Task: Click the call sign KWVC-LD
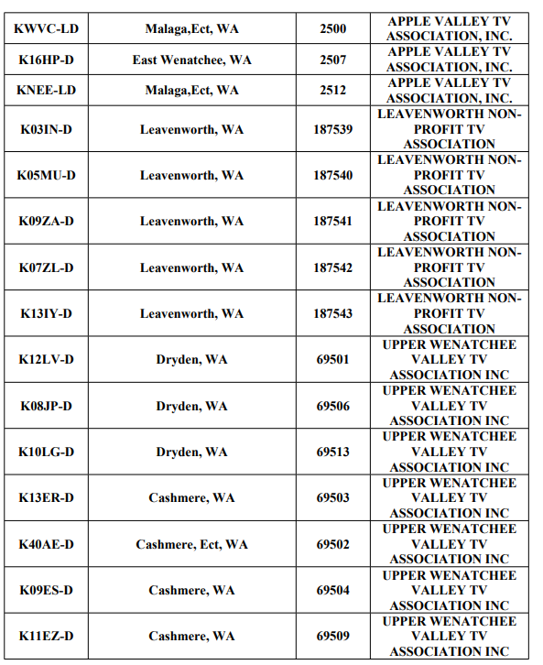pyautogui.click(x=46, y=28)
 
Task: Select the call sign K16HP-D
pyautogui.click(x=46, y=60)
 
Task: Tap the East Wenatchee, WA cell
pyautogui.click(x=191, y=60)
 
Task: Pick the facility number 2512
pyautogui.click(x=332, y=90)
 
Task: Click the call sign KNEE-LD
pyautogui.click(x=46, y=90)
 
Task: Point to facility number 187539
pyautogui.click(x=332, y=129)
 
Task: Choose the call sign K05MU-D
pyautogui.click(x=46, y=175)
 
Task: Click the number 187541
pyautogui.click(x=332, y=221)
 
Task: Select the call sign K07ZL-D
pyautogui.click(x=46, y=267)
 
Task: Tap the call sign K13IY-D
pyautogui.click(x=46, y=313)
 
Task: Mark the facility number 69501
pyautogui.click(x=332, y=359)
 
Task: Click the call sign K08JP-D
pyautogui.click(x=46, y=406)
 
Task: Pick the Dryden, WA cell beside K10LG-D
pyautogui.click(x=191, y=452)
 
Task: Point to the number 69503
pyautogui.click(x=332, y=497)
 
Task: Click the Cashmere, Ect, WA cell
pyautogui.click(x=191, y=544)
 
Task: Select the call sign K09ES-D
pyautogui.click(x=46, y=590)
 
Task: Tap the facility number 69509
pyautogui.click(x=332, y=636)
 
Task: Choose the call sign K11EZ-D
pyautogui.click(x=46, y=636)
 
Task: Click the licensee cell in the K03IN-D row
pyautogui.click(x=449, y=129)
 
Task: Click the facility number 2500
pyautogui.click(x=332, y=28)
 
